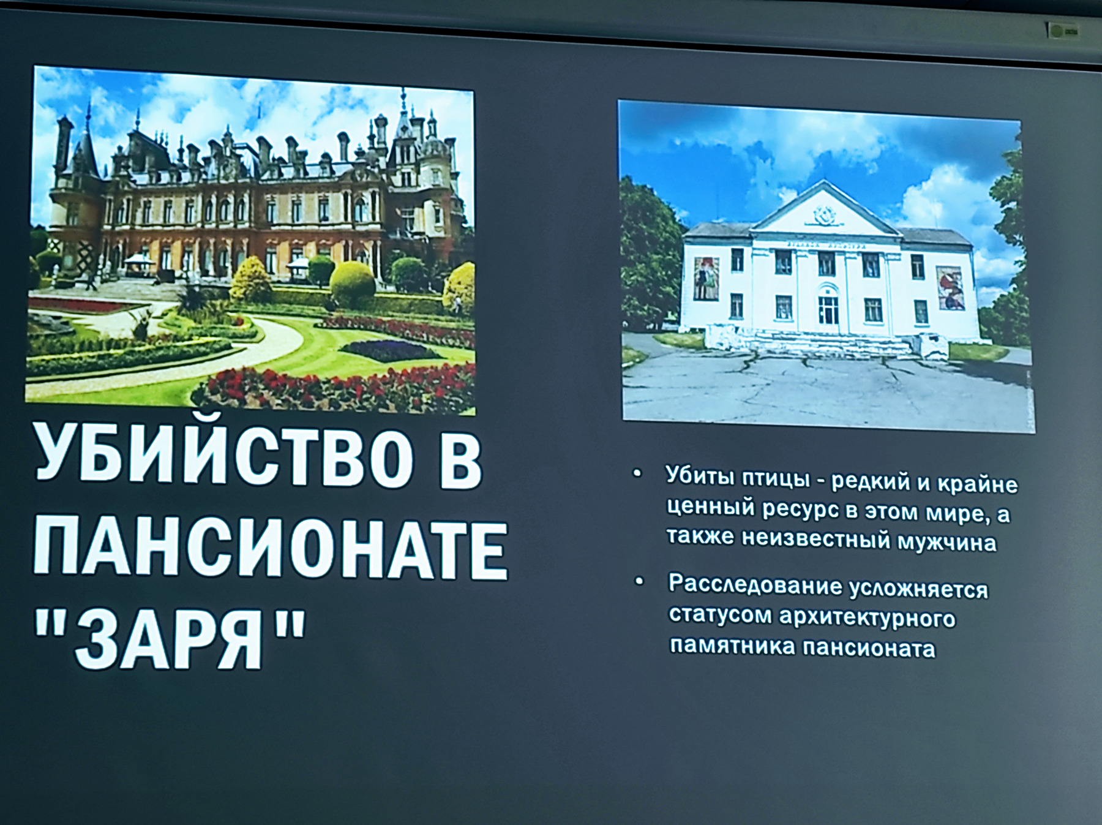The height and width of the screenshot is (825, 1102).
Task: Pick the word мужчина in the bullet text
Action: coord(947,543)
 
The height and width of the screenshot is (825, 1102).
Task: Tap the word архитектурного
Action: coord(867,618)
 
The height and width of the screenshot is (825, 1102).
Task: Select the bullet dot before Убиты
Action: coord(637,473)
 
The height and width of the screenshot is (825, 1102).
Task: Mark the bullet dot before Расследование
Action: coord(639,581)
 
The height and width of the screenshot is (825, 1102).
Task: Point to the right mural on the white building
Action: coord(950,287)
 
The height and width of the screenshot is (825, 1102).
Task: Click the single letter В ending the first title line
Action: coord(460,459)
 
